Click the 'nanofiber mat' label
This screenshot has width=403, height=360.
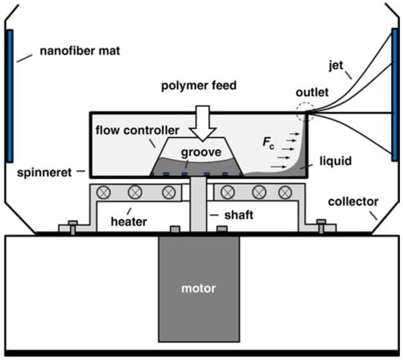click(x=80, y=51)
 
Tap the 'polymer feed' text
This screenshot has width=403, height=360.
click(x=199, y=86)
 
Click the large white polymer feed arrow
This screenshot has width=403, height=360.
click(x=203, y=123)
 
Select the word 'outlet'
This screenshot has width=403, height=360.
click(x=312, y=92)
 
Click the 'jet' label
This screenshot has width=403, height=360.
click(x=336, y=65)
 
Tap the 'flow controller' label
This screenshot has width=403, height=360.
click(x=138, y=131)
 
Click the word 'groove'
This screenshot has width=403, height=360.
click(x=201, y=153)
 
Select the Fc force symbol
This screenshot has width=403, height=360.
click(x=268, y=142)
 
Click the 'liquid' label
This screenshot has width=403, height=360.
click(x=336, y=161)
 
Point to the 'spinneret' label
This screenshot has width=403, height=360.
click(x=44, y=173)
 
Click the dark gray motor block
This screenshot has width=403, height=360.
click(x=199, y=289)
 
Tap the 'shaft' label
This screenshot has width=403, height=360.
click(x=239, y=215)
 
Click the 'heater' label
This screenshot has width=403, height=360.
click(x=129, y=221)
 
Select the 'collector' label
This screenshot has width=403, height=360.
click(x=353, y=202)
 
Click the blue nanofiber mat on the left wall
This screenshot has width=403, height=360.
click(x=10, y=96)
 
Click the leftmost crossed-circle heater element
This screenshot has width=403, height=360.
click(x=103, y=192)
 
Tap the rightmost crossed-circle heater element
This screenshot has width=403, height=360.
click(x=285, y=192)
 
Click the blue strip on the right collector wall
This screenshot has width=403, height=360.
click(x=395, y=95)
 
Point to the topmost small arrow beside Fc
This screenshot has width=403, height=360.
click(x=295, y=133)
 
